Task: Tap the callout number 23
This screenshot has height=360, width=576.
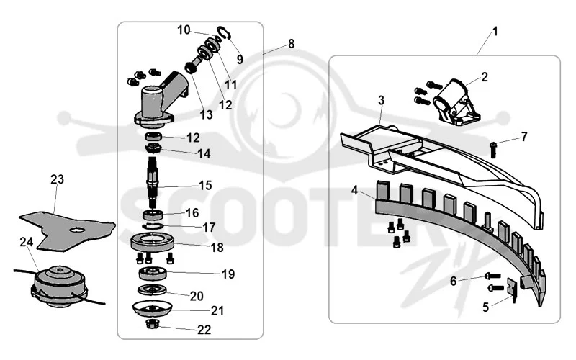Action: pyautogui.click(x=57, y=179)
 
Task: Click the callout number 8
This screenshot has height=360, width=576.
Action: pyautogui.click(x=292, y=44)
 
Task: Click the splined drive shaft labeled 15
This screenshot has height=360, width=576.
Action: pyautogui.click(x=153, y=182)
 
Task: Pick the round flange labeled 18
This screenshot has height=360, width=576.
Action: pyautogui.click(x=153, y=243)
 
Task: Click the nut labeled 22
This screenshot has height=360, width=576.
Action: pyautogui.click(x=152, y=324)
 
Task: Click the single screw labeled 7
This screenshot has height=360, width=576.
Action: pyautogui.click(x=493, y=150)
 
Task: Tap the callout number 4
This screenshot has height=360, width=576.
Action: pyautogui.click(x=354, y=190)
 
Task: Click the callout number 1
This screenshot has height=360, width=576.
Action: pyautogui.click(x=495, y=32)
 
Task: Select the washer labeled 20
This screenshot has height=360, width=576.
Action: pyautogui.click(x=152, y=290)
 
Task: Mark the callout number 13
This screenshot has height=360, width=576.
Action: pyautogui.click(x=206, y=115)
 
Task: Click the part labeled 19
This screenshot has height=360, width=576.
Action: pyautogui.click(x=153, y=274)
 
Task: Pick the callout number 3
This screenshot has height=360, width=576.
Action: pyautogui.click(x=382, y=100)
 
